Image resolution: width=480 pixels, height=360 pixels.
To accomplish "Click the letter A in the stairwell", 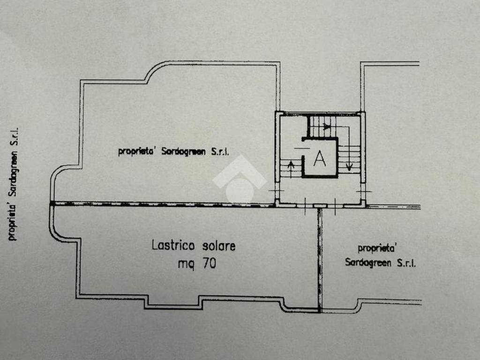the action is (319, 158).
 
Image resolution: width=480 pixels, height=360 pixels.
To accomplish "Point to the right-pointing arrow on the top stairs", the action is (326, 127).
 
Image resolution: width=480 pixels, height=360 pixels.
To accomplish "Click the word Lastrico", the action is (173, 246).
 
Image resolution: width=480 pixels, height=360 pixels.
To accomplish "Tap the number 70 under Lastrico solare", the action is (210, 263).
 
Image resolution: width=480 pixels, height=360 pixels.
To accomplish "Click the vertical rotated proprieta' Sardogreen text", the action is (14, 184).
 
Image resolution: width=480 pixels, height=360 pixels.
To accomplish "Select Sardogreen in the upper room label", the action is (183, 151).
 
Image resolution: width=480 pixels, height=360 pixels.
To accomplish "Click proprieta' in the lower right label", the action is (376, 248).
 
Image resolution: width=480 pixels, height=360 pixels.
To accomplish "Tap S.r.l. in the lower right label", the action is (406, 263).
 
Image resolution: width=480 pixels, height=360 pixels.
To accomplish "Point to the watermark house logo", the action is (240, 179).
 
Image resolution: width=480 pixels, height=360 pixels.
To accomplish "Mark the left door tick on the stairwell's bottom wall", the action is (306, 206).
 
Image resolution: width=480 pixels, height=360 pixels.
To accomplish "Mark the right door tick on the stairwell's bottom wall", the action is (335, 206).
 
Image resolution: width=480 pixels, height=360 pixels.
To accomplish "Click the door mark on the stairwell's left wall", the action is (277, 191).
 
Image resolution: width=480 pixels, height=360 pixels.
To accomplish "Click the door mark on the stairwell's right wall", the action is (364, 192).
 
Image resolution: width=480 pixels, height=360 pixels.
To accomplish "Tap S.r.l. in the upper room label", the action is (220, 152).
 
